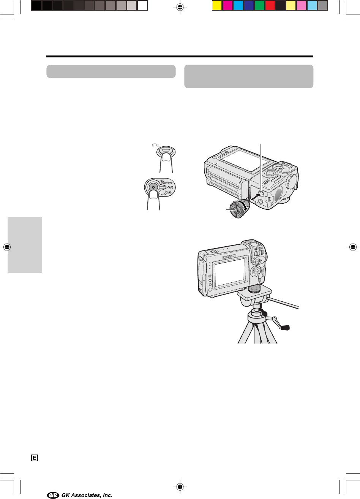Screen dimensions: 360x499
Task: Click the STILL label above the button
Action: click(x=156, y=145)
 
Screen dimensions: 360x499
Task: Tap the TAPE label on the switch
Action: click(x=171, y=187)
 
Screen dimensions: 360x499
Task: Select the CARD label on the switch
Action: click(x=169, y=192)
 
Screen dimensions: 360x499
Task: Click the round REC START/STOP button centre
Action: click(x=153, y=187)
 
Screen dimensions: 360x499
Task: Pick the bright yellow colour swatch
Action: click(x=216, y=6)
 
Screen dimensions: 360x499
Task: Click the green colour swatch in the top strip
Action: click(x=259, y=6)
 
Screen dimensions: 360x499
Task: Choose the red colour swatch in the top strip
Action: click(x=270, y=6)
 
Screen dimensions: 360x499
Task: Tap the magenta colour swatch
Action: click(x=227, y=6)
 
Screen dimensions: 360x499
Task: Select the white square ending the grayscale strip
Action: click(x=142, y=6)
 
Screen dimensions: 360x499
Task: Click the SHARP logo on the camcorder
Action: click(x=229, y=257)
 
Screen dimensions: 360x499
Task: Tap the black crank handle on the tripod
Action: click(x=285, y=328)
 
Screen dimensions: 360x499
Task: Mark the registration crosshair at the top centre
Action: click(x=180, y=7)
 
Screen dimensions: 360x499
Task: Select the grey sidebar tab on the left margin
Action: click(x=25, y=245)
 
